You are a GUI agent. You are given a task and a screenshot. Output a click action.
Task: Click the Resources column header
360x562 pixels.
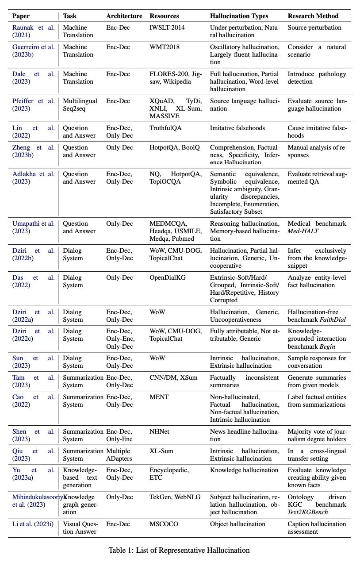pos(164,16)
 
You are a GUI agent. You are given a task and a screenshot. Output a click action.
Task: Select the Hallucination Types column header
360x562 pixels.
pos(239,16)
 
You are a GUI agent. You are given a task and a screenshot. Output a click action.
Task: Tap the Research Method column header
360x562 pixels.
pos(313,16)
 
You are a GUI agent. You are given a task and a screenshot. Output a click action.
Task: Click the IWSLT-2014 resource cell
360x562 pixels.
pos(167,27)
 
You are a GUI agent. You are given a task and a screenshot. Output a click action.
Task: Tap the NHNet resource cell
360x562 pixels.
pos(161,431)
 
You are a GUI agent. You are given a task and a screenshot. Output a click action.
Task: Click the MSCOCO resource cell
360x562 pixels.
pos(164,524)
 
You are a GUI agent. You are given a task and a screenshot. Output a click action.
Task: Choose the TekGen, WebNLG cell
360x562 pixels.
pos(175,497)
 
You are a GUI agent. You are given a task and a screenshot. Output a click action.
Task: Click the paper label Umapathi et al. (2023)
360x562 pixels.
pos(34,227)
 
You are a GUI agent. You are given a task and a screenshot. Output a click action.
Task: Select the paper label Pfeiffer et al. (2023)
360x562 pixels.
pos(34,105)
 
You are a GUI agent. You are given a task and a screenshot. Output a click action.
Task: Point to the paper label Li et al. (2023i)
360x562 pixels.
pos(34,524)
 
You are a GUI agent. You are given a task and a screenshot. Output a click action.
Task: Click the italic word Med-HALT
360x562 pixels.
pos(303,231)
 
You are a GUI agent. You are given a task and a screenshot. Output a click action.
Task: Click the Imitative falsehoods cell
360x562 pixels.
pos(237,128)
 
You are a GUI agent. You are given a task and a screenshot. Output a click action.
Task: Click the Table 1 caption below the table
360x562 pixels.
pos(179,550)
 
